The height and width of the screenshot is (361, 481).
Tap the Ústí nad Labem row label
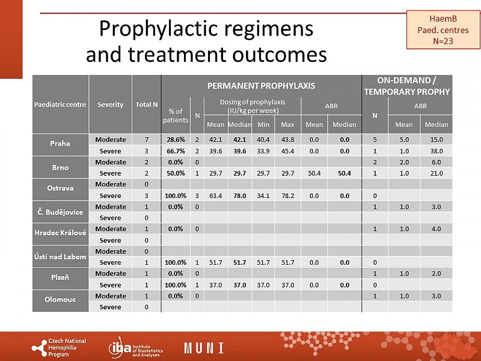(60, 256)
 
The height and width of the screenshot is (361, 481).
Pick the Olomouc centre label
(60, 301)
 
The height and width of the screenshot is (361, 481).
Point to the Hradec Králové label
(60, 234)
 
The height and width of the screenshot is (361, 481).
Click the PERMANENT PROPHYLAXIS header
(261, 85)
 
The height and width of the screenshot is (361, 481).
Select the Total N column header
(147, 104)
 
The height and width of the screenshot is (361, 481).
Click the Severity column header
(111, 104)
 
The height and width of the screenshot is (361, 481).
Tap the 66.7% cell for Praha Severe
(176, 151)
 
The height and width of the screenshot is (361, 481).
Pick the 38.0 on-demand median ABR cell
(437, 151)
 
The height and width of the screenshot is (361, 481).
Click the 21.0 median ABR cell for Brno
(437, 173)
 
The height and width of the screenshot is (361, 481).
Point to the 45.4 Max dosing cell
(287, 151)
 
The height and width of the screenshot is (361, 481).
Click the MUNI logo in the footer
(204, 348)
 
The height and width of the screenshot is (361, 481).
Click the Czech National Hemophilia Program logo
(58, 347)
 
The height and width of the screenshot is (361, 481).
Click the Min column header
(263, 125)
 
